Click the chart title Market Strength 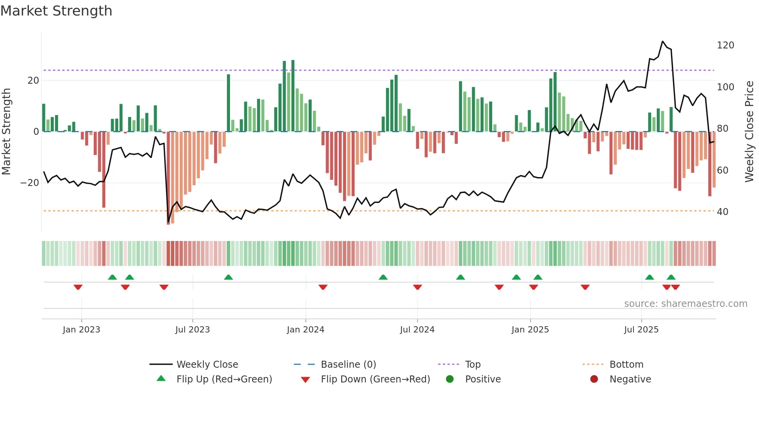pyautogui.click(x=56, y=11)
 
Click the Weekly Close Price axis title pyautogui.click(x=749, y=132)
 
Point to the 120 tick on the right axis pyautogui.click(x=725, y=45)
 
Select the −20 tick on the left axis pyautogui.click(x=30, y=183)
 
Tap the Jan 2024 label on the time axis pyautogui.click(x=305, y=330)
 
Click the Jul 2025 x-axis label pyautogui.click(x=641, y=330)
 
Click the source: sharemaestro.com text pyautogui.click(x=685, y=304)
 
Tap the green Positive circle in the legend pyautogui.click(x=450, y=379)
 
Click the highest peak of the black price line pyautogui.click(x=663, y=41)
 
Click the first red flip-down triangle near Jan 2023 pyautogui.click(x=78, y=287)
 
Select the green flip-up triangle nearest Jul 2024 pyautogui.click(x=460, y=277)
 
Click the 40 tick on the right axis pyautogui.click(x=722, y=212)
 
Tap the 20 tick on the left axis pyautogui.click(x=33, y=81)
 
